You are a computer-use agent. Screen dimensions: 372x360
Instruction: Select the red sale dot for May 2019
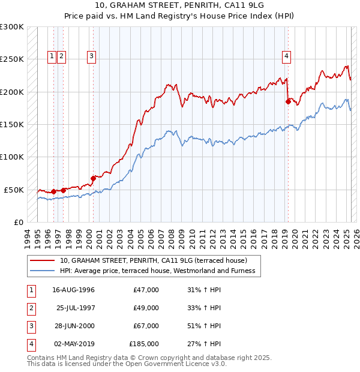(x=288, y=102)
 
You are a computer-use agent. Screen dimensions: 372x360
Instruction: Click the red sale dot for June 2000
(x=93, y=178)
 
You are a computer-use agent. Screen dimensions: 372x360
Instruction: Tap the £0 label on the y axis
(x=18, y=222)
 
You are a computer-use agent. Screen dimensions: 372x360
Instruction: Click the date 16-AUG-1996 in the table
(x=73, y=290)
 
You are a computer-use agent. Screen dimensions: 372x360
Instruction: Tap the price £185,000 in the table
(x=144, y=344)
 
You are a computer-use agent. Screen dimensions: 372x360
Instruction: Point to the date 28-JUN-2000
(x=73, y=326)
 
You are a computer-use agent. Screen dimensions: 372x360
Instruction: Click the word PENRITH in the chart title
(x=171, y=5)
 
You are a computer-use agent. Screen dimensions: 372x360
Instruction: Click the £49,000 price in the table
(x=146, y=308)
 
